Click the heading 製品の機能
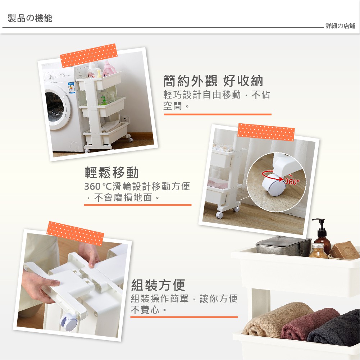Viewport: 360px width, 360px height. tap(30, 18)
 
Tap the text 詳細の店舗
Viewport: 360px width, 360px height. tap(340, 26)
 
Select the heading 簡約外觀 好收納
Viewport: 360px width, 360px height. tap(213, 81)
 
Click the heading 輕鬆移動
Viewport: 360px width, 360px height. tap(111, 172)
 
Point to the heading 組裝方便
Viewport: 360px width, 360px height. tap(158, 285)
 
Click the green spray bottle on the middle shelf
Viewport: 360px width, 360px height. tap(104, 101)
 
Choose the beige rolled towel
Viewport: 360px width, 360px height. tap(275, 319)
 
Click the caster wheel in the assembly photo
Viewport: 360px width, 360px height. tap(68, 323)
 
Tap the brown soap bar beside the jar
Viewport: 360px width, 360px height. tap(345, 250)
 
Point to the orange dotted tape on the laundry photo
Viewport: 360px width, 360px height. tap(89, 55)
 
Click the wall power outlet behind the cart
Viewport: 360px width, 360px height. tap(125, 119)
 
